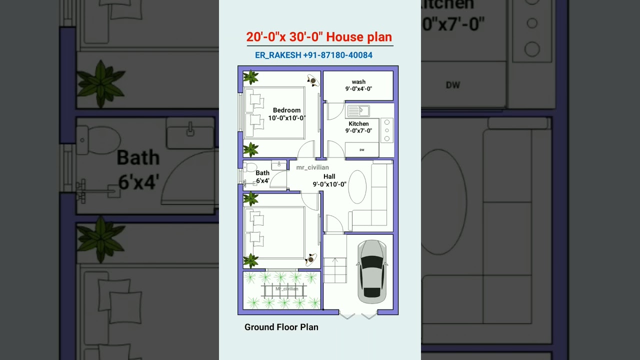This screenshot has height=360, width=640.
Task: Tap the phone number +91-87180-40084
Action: [x=337, y=55]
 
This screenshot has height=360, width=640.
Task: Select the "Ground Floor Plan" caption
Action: [x=281, y=327]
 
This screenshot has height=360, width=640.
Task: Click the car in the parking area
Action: [x=371, y=271]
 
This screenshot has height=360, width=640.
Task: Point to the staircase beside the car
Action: [x=334, y=267]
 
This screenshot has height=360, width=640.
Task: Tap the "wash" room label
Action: [x=358, y=82]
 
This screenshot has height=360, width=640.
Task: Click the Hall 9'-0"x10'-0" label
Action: [x=329, y=180]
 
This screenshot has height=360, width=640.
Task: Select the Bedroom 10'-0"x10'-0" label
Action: [x=286, y=114]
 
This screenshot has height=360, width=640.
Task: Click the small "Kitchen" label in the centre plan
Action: [x=358, y=123]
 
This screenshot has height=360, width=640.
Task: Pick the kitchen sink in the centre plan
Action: [x=358, y=111]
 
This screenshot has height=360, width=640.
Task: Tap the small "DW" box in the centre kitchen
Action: [x=361, y=149]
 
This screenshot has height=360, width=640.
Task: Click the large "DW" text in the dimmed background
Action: [x=452, y=85]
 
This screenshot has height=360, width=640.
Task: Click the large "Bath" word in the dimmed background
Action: [x=138, y=158]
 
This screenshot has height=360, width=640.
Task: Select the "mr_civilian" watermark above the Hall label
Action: [x=312, y=167]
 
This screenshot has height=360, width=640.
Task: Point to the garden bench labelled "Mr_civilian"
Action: [x=283, y=289]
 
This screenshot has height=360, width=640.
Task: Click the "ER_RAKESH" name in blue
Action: [x=277, y=55]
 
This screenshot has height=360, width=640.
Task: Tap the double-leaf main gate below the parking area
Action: [x=358, y=315]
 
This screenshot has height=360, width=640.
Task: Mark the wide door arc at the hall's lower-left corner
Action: [x=334, y=224]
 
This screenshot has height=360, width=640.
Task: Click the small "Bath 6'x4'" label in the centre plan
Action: [x=262, y=176]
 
